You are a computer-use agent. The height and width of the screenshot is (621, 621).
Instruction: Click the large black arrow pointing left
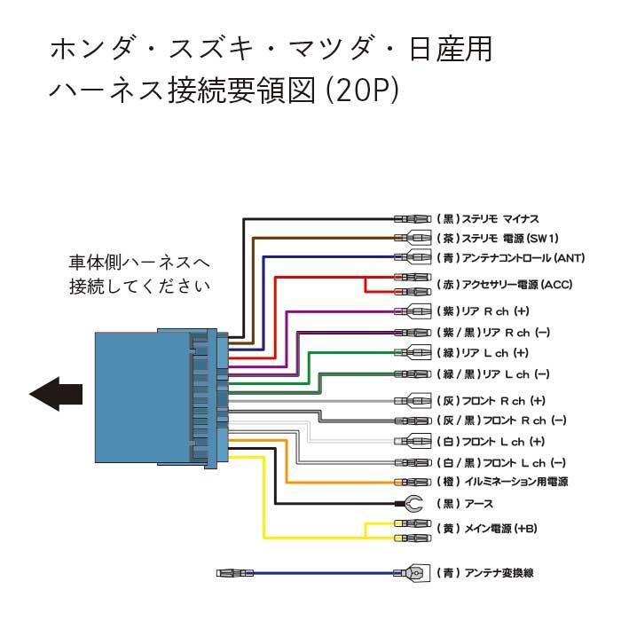tap(57, 393)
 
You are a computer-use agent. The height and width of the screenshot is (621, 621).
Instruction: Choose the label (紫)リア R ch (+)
tap(483, 311)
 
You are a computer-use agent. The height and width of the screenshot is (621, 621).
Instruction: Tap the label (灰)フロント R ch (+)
tap(491, 400)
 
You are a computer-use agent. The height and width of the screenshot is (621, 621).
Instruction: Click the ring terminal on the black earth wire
tap(412, 504)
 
